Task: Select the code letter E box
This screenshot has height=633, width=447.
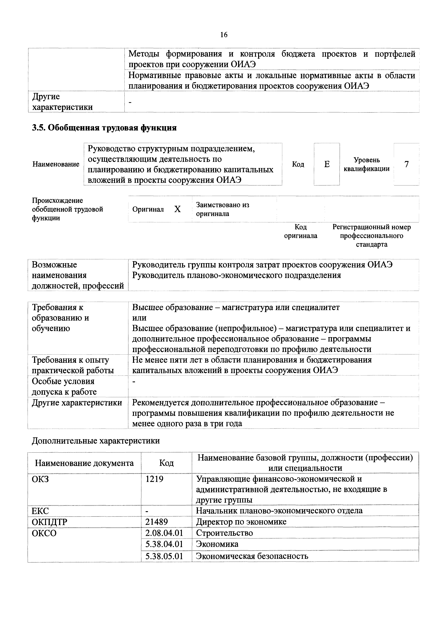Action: (x=327, y=164)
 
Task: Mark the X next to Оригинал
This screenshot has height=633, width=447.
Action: (x=178, y=209)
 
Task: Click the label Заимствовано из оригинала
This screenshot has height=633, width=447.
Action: (x=222, y=209)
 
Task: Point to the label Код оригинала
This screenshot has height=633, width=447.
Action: (x=301, y=231)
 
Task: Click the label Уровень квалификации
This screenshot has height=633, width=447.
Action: (x=366, y=164)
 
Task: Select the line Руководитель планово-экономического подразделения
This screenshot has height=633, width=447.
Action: (x=236, y=275)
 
